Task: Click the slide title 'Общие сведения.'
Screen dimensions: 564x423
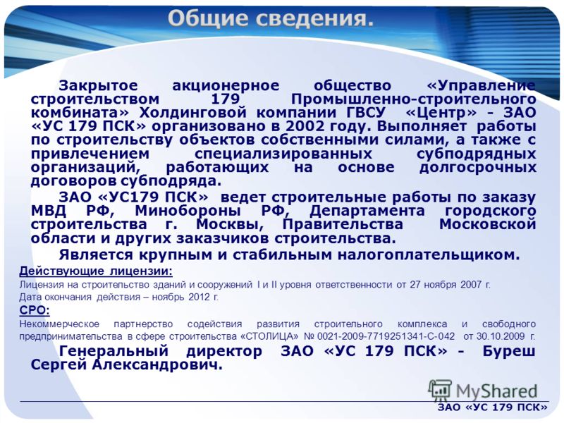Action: coord(271,19)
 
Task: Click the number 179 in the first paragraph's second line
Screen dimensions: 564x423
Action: coord(225,99)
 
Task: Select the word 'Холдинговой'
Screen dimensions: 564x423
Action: coord(193,113)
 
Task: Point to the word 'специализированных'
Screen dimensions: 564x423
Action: coord(283,154)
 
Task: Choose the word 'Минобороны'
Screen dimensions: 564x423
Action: coord(188,211)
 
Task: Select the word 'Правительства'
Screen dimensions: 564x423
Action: coord(343,225)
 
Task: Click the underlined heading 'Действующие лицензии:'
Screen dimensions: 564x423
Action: coord(96,271)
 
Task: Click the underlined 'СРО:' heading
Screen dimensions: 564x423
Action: coord(35,310)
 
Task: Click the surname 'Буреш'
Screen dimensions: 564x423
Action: coord(509,352)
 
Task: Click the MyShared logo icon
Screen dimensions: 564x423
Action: coord(440,391)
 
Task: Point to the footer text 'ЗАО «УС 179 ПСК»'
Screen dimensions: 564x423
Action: coord(492,407)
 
